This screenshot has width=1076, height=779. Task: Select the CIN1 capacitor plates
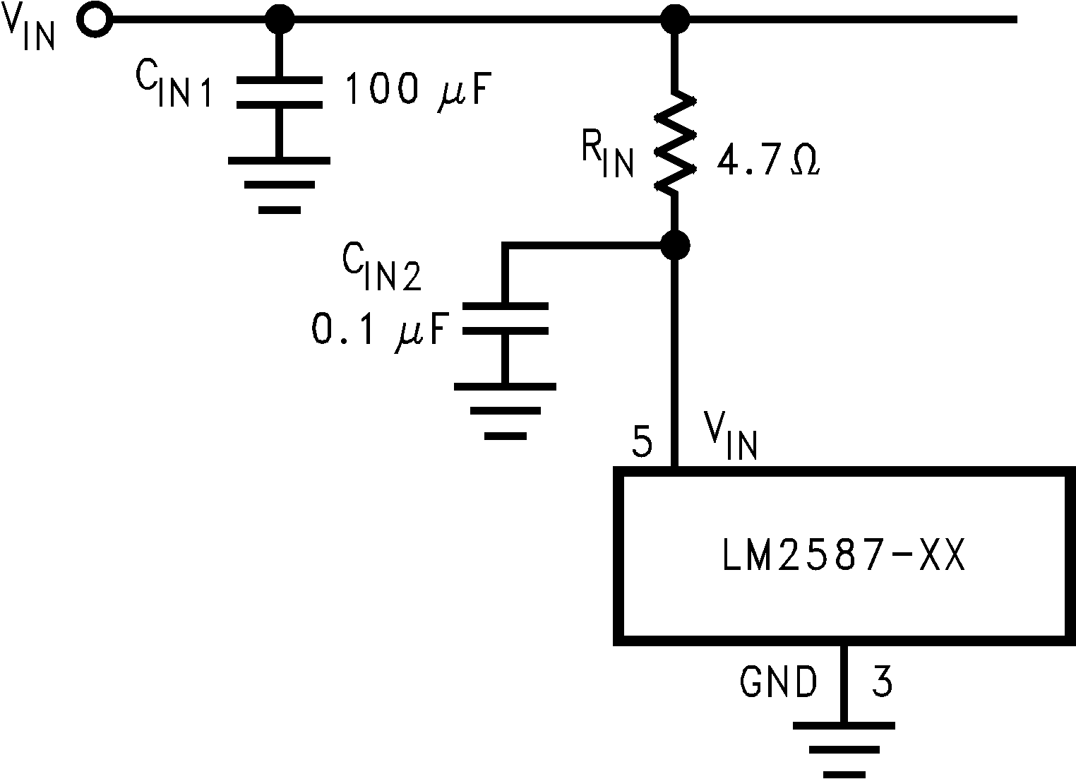tap(279, 93)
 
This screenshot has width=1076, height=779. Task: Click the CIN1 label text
tap(173, 88)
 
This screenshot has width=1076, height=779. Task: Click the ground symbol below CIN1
tap(279, 184)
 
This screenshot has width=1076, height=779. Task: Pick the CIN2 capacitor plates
tap(504, 318)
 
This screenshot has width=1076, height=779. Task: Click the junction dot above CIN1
tap(279, 20)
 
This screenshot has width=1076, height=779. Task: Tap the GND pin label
tap(778, 682)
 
